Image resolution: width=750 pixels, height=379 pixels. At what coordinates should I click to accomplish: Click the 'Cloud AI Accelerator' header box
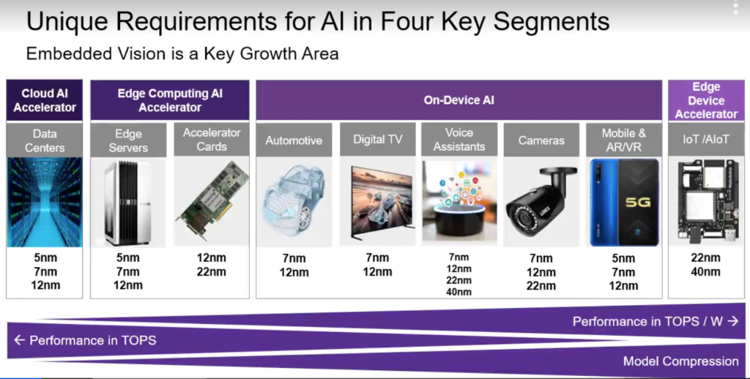(x=45, y=100)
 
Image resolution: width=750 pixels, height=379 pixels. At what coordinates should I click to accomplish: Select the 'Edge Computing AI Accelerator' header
(x=170, y=100)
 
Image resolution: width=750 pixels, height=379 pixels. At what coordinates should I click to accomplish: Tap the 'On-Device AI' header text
(x=458, y=100)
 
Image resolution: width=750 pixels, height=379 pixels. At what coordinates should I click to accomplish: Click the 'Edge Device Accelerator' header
(x=706, y=100)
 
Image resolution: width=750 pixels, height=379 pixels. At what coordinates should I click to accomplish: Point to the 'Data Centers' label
(x=45, y=140)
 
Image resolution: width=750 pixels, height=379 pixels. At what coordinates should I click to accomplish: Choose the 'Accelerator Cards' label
(x=212, y=140)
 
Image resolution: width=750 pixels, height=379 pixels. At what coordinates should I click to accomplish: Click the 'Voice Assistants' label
(x=459, y=140)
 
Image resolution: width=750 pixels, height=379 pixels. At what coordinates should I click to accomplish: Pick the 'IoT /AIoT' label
(x=706, y=139)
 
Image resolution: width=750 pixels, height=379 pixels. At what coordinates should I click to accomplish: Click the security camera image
(x=541, y=202)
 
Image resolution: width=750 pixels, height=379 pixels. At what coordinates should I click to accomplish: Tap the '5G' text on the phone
(x=638, y=202)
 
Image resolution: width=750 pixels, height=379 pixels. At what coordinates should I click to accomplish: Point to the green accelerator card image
(x=212, y=200)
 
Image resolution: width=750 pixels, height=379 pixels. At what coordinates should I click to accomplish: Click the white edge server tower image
(x=127, y=203)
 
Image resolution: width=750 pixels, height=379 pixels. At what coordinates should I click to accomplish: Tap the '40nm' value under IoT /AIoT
(x=705, y=272)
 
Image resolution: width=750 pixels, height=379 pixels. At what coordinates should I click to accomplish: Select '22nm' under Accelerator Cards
(x=212, y=272)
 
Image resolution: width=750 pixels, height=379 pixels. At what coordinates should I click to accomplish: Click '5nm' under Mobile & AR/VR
(x=623, y=258)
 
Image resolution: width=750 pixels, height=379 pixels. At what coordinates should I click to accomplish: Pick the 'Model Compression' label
(x=680, y=361)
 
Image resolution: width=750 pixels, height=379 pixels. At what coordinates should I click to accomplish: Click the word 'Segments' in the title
(x=551, y=22)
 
